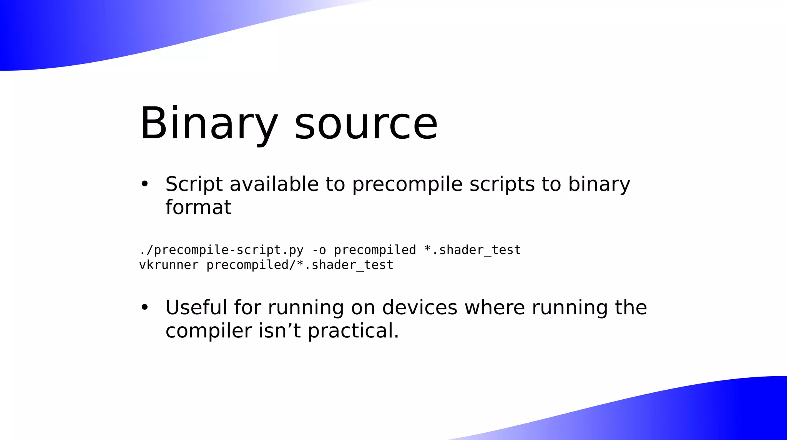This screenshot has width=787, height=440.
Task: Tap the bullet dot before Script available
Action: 144,184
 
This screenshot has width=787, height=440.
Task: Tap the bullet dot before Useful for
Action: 144,307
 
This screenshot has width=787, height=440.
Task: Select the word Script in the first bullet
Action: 194,184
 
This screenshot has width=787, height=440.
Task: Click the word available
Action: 274,184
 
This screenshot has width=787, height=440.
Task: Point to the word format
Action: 198,207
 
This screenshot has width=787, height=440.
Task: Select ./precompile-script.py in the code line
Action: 221,250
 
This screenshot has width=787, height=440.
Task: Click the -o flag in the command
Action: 319,250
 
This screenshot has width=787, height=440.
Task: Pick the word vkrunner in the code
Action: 169,265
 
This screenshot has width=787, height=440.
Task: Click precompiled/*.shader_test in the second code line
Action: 300,265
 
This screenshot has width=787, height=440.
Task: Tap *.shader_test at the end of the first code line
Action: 472,250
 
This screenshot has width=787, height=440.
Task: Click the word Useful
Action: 196,307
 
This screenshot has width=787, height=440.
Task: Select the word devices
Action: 420,307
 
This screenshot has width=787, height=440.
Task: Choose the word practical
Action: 353,331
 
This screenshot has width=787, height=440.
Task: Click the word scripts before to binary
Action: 502,184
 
